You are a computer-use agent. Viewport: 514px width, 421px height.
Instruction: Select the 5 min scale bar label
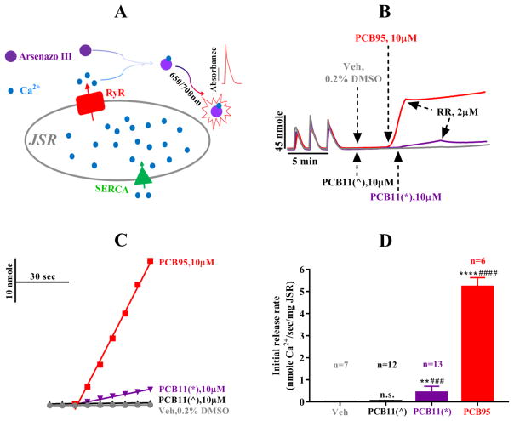tap(302, 159)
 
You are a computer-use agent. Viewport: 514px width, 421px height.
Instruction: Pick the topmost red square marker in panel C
tap(151, 260)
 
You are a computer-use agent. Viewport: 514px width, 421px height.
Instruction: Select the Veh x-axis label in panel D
tap(339, 413)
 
